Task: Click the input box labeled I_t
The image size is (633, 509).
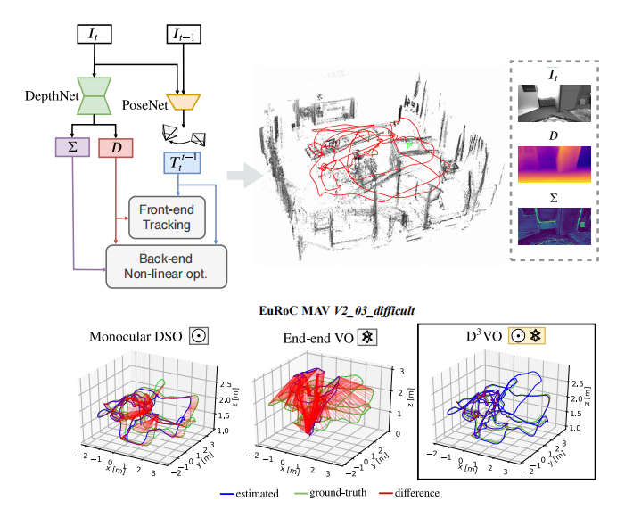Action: coord(92,36)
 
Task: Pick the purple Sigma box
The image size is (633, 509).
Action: coord(70,146)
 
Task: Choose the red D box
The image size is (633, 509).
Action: coord(115,146)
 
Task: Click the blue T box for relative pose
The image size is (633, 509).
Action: coord(185,163)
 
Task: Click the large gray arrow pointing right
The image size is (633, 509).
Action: coord(238,177)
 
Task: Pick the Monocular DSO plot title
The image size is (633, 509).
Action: coord(136,336)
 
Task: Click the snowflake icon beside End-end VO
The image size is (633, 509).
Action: coord(363,336)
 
